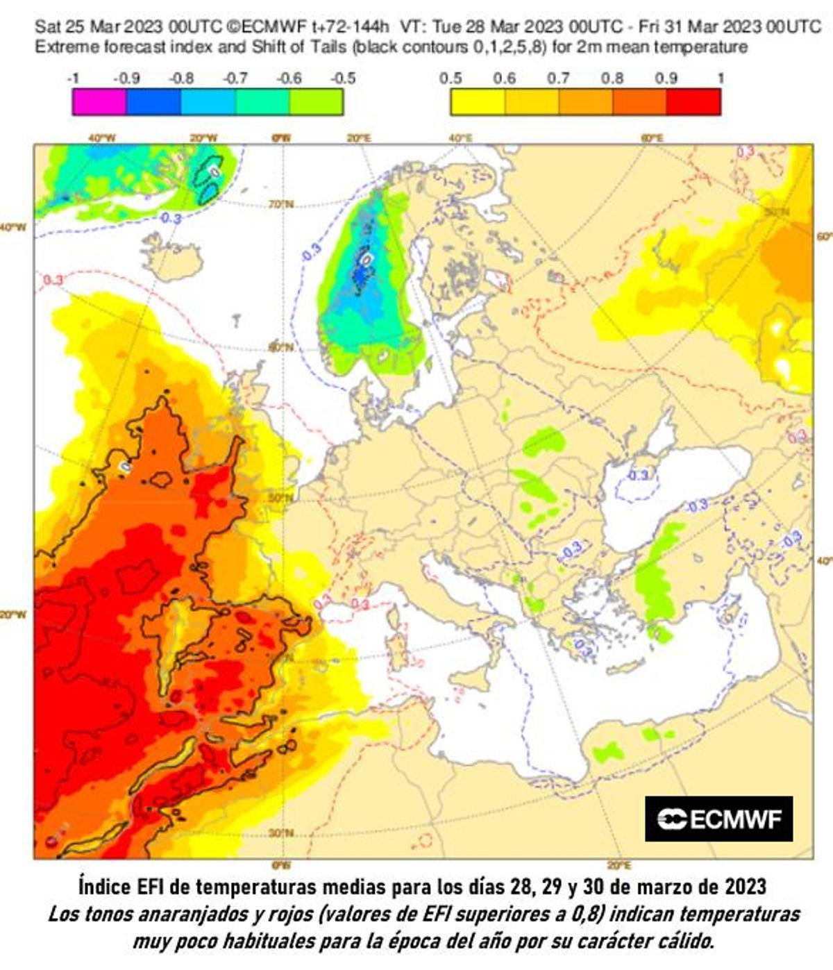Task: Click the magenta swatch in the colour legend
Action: [99, 101]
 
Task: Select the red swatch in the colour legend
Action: [693, 101]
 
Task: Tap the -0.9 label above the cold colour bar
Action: [126, 78]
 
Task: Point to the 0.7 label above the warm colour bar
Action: [557, 78]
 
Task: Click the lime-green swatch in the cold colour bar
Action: [316, 101]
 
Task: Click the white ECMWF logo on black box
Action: [718, 819]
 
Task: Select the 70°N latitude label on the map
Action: [281, 205]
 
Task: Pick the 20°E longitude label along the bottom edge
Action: [619, 865]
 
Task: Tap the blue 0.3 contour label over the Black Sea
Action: [637, 475]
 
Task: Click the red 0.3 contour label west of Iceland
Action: [53, 280]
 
